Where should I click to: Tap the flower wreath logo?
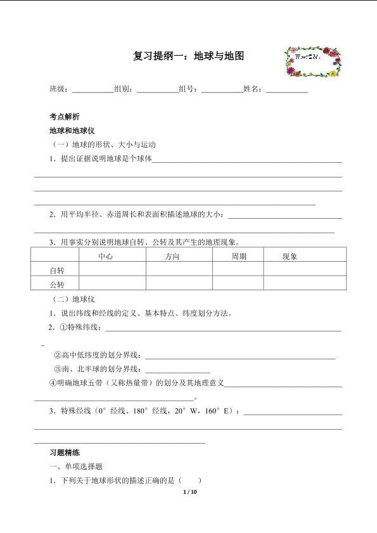[x=313, y=61]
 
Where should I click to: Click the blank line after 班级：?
[x=93, y=90]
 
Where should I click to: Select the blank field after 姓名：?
[x=287, y=90]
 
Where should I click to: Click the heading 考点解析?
[x=65, y=117]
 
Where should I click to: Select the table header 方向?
[x=172, y=257]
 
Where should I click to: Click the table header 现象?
[x=290, y=257]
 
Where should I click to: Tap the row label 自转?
[x=57, y=271]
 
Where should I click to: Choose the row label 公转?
[x=57, y=284]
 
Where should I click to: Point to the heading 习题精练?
[x=65, y=453]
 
